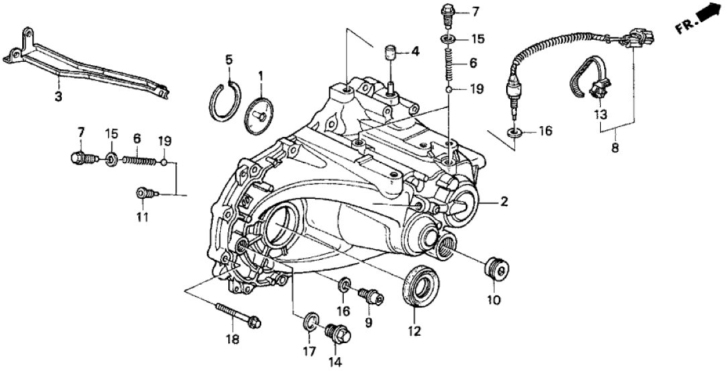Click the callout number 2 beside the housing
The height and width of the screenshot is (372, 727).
(502, 200)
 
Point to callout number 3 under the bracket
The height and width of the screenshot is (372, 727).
(58, 98)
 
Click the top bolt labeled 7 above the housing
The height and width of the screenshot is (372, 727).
(448, 12)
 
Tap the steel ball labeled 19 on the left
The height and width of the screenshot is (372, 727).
(163, 161)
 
